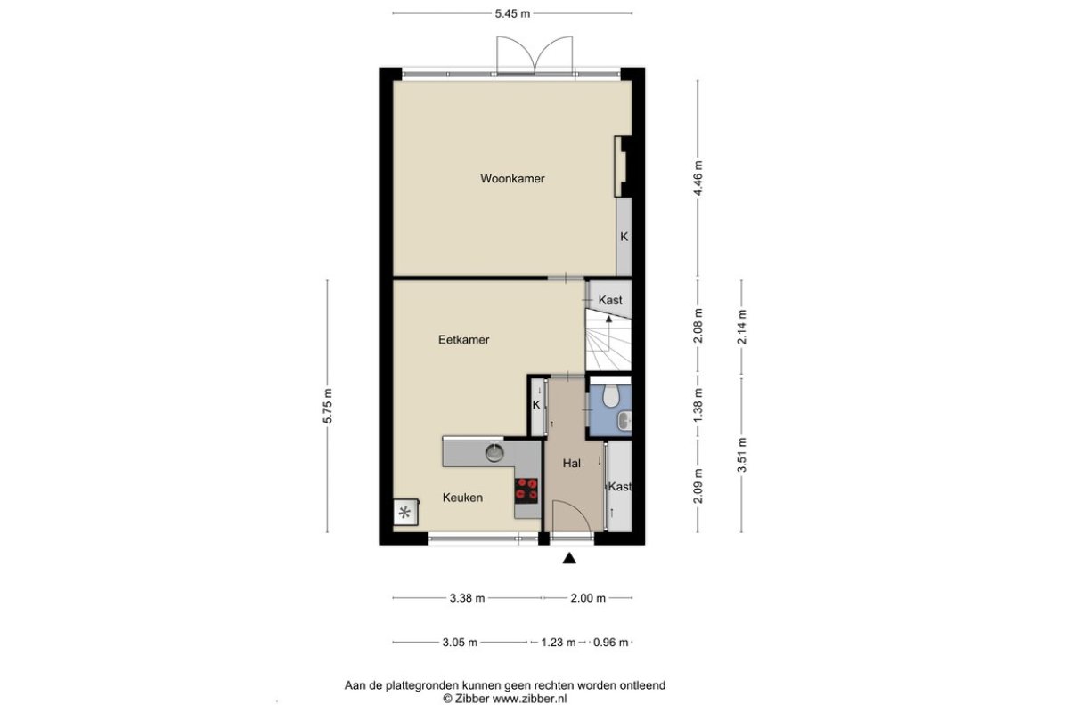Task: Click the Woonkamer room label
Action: [x=512, y=179]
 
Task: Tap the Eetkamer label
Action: [x=463, y=340]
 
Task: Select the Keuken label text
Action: [x=462, y=498]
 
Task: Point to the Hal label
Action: [x=571, y=464]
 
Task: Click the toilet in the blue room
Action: [x=610, y=395]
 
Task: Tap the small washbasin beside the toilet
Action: [x=624, y=420]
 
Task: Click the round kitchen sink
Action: [x=494, y=453]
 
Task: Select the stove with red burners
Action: [x=526, y=490]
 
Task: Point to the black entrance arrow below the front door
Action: [x=569, y=558]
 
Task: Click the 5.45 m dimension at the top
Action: [x=512, y=14]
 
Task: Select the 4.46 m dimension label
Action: [x=698, y=178]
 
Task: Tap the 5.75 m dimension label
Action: [x=328, y=406]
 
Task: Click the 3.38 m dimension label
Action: [x=467, y=598]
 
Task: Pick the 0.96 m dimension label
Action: [x=610, y=643]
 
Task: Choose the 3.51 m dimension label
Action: [x=741, y=455]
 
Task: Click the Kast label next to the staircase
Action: [x=610, y=301]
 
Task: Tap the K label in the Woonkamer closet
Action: [x=624, y=237]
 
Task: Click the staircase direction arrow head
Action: [x=609, y=319]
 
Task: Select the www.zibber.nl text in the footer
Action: [x=530, y=700]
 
